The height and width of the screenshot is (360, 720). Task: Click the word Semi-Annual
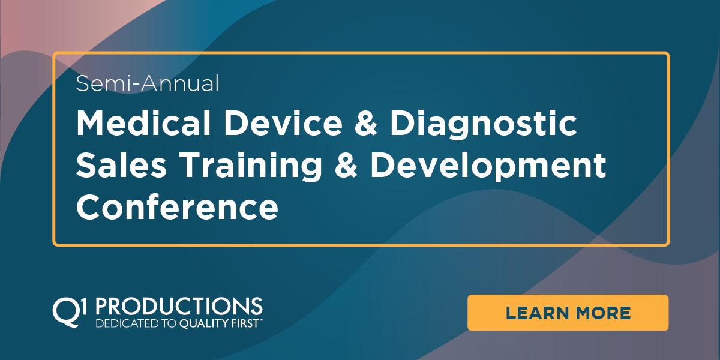pyautogui.click(x=148, y=83)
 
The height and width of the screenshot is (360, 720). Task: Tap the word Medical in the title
pyautogui.click(x=143, y=123)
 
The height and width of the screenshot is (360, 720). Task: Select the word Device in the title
pyautogui.click(x=283, y=123)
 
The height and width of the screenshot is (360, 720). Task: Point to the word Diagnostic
pyautogui.click(x=484, y=125)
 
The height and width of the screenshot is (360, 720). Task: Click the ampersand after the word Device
pyautogui.click(x=366, y=124)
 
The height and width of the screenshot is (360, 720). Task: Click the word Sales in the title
pyautogui.click(x=121, y=165)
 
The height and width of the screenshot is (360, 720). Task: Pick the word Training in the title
pyautogui.click(x=251, y=167)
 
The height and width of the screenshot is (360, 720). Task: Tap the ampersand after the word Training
pyautogui.click(x=346, y=165)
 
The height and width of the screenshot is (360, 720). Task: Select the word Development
pyautogui.click(x=488, y=167)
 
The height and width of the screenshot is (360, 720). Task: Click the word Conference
pyautogui.click(x=177, y=206)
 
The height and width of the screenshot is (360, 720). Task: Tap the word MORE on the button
pyautogui.click(x=604, y=313)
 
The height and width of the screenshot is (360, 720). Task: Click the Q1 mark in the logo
pyautogui.click(x=70, y=312)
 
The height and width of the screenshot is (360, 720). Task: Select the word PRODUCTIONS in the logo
pyautogui.click(x=179, y=306)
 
